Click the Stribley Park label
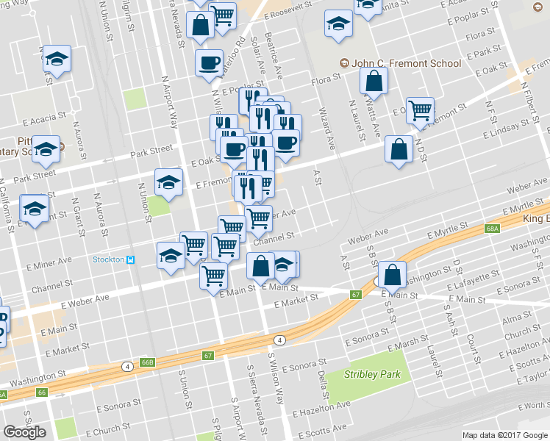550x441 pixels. pos(373,374)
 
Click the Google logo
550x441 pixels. pos(24,432)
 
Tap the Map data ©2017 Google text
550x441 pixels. pos(505,435)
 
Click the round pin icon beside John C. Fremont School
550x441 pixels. pos(343,63)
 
